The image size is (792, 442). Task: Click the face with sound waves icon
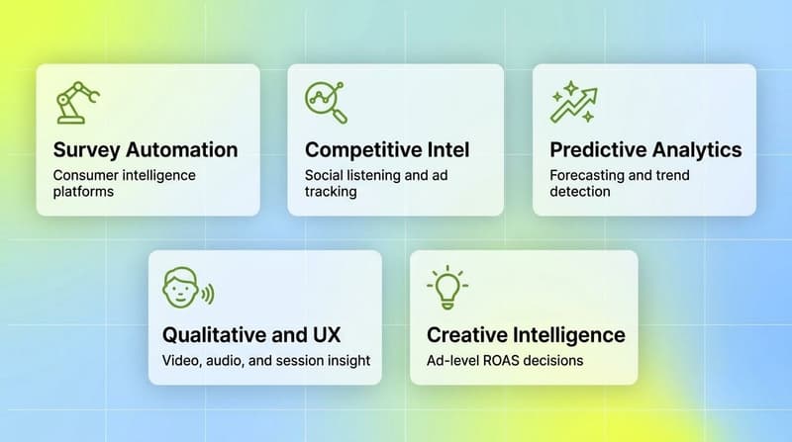tap(186, 288)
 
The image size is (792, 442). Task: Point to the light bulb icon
tap(446, 288)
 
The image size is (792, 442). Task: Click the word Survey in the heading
tap(86, 150)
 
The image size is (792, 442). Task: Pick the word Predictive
tap(598, 150)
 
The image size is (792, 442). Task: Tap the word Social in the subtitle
tap(324, 175)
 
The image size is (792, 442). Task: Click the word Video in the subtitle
tap(180, 360)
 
